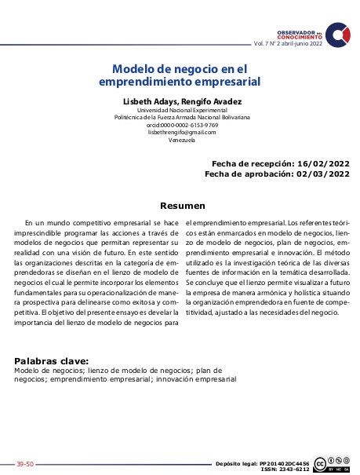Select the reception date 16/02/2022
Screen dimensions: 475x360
pyautogui.click(x=323, y=163)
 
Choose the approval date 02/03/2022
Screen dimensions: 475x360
pyautogui.click(x=323, y=174)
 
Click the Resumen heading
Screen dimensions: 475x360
pyautogui.click(x=182, y=206)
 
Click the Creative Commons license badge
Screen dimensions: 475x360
pyautogui.click(x=332, y=465)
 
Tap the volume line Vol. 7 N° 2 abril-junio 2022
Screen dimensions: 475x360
pyautogui.click(x=287, y=44)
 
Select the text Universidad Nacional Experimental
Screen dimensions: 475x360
pyautogui.click(x=181, y=110)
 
